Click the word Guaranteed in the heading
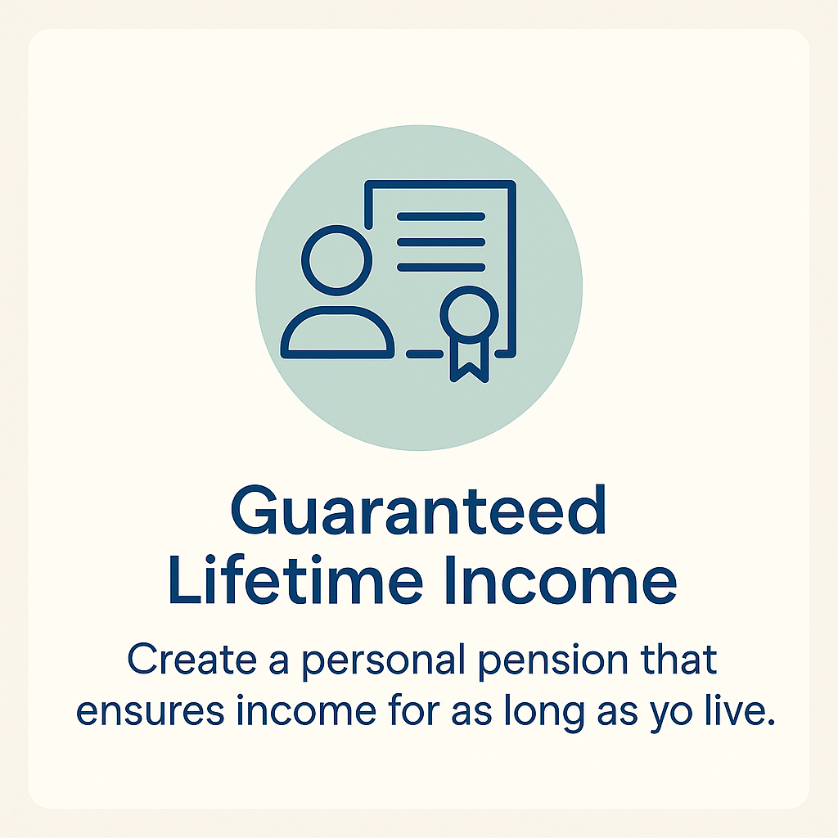[x=418, y=510]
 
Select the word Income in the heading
[x=561, y=580]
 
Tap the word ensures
[x=151, y=713]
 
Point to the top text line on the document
[x=441, y=216]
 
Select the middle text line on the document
[x=441, y=242]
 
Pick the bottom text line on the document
[x=441, y=268]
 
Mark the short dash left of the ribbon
[x=425, y=354]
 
